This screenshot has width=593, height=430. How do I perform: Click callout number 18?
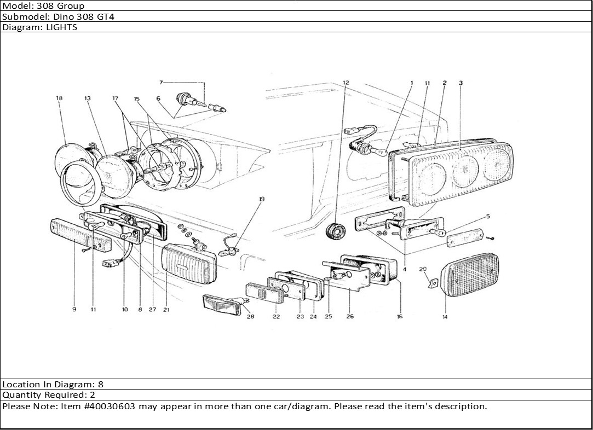[59, 98]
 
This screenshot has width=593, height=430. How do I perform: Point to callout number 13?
[87, 98]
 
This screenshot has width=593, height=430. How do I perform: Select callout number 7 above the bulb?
[161, 83]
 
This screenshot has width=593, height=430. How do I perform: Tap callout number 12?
[346, 83]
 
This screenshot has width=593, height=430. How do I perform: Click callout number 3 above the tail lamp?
[460, 83]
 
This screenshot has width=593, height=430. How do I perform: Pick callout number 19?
[262, 199]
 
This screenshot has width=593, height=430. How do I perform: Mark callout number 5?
[488, 217]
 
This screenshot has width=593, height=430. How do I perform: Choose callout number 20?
[422, 269]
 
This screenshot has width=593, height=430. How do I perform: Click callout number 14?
[445, 317]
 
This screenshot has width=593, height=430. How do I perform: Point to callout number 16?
[400, 317]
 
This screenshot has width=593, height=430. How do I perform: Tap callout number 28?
[250, 317]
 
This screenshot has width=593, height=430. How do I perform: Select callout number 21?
[165, 310]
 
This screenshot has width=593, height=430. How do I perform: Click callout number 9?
[74, 310]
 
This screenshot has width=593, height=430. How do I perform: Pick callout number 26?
[350, 317]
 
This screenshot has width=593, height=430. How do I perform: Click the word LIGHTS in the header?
[63, 27]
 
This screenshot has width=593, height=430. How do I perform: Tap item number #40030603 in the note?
[111, 406]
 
